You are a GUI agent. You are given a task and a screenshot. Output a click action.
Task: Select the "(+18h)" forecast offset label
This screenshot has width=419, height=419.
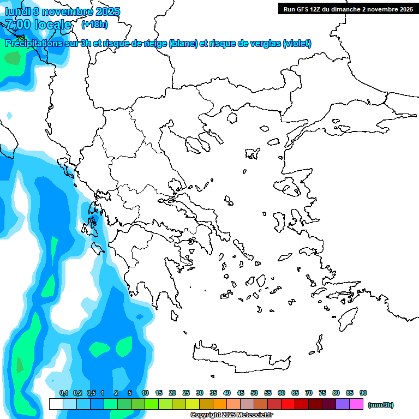(94, 24)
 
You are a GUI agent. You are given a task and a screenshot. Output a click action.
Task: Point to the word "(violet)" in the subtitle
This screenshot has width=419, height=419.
(297, 44)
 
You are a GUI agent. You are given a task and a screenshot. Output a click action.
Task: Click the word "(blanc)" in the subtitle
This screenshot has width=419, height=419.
(183, 44)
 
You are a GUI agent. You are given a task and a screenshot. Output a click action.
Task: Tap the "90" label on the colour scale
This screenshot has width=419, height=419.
(363, 393)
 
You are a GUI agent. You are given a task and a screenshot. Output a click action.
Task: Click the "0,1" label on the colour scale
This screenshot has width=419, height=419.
(64, 393)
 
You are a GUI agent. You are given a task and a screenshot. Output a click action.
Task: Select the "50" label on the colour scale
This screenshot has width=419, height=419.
(254, 393)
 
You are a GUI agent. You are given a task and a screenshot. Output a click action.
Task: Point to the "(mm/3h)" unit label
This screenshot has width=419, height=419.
(381, 405)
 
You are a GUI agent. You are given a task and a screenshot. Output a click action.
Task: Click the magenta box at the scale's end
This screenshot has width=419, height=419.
(356, 404)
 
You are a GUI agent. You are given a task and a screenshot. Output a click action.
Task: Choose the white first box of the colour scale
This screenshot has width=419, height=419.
(56, 404)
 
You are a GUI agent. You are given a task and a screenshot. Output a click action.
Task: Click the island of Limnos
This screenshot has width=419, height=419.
(252, 153)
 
